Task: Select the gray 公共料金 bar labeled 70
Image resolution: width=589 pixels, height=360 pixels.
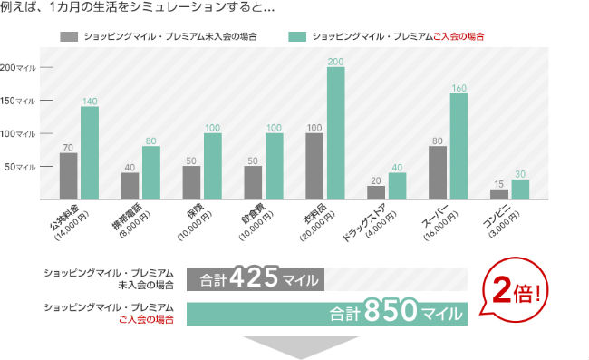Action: [x=68, y=176]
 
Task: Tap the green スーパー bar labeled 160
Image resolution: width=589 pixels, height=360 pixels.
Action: [x=459, y=146]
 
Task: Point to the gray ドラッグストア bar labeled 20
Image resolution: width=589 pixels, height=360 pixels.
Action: [x=376, y=192]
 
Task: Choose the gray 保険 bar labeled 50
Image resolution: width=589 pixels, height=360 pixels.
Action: [x=191, y=182]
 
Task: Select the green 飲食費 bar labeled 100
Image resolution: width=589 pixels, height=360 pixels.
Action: [x=274, y=167]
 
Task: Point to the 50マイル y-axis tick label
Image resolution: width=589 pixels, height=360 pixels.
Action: [x=21, y=167]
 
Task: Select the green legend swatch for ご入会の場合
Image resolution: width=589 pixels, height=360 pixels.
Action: [x=297, y=38]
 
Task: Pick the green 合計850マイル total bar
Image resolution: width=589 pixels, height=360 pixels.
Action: [x=327, y=314]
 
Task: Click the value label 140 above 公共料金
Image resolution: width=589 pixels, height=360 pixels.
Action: [x=89, y=101]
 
